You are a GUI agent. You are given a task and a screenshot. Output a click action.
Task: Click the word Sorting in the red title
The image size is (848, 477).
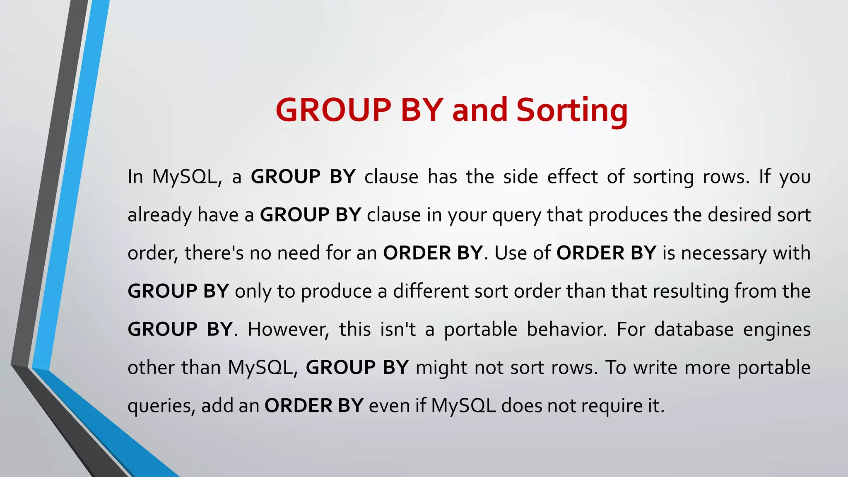tap(572, 111)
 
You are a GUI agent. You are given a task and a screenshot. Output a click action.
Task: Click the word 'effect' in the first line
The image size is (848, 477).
tap(572, 177)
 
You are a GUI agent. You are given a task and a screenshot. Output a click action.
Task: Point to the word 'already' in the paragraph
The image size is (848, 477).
tap(159, 215)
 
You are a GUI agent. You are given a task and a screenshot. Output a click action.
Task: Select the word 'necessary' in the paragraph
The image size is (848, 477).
tap(723, 253)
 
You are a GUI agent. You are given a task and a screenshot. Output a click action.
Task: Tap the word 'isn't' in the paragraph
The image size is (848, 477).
tap(398, 329)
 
